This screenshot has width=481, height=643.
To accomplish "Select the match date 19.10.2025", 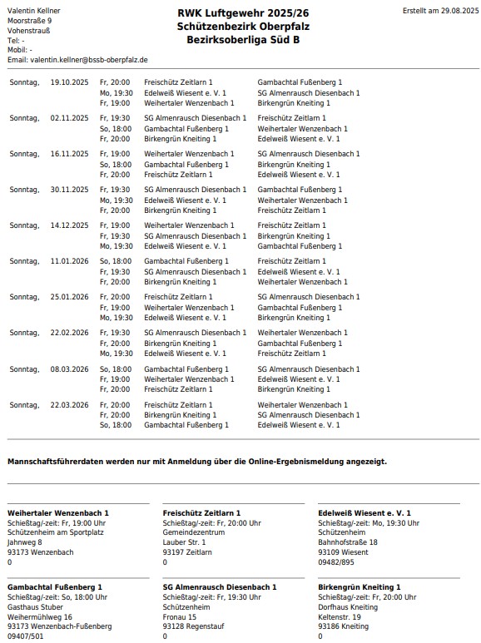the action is point(69,82).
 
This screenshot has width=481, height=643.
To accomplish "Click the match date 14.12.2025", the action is point(69,225).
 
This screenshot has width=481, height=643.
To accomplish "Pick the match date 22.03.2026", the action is point(69,404).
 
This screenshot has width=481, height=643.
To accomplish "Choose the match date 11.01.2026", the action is point(69,261).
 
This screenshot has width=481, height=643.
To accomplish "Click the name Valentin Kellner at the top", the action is point(33,10).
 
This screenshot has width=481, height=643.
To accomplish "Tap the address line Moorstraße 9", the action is point(29,20).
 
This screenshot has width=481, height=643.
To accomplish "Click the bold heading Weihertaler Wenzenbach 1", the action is point(58,513).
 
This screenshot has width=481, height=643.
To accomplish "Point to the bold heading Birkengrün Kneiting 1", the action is point(360,587).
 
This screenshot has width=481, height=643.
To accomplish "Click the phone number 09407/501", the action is point(27,636).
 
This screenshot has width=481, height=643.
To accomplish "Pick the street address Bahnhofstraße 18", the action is point(348,542).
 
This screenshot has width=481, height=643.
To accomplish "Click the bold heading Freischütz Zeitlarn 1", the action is point(202,513).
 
